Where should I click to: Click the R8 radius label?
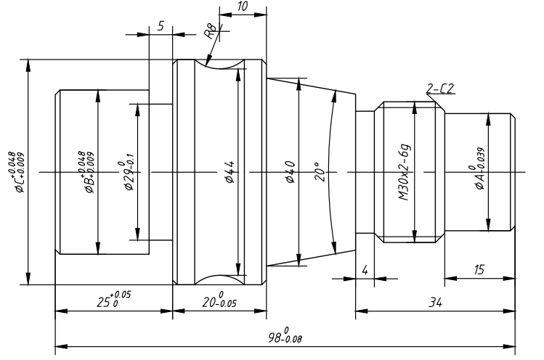point(211,31)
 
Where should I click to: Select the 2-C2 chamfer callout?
point(440,89)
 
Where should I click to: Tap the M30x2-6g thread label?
point(404,172)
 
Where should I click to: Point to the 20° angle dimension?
point(320,172)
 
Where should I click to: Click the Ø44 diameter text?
point(230,172)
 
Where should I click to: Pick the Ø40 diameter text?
point(290,172)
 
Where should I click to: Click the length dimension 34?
point(435,303)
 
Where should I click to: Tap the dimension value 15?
point(479,269)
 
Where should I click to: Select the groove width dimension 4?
point(365,270)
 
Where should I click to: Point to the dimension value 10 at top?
point(243,7)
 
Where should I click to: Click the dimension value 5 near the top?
point(161,26)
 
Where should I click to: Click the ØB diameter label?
point(86,172)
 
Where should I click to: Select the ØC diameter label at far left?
point(17,172)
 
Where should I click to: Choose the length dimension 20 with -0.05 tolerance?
point(219,300)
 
